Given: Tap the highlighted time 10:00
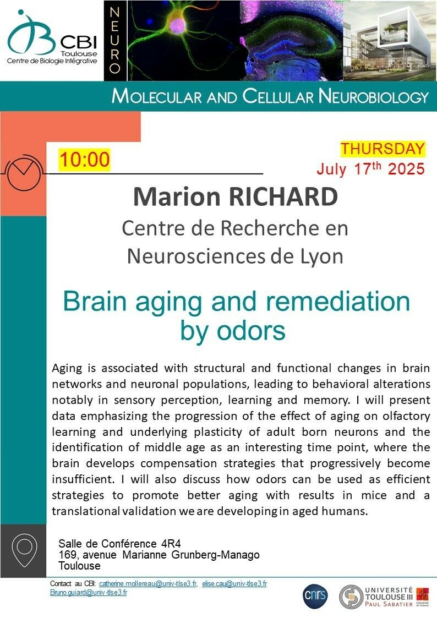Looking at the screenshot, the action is [x=84, y=160].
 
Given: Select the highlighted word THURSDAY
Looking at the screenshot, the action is [x=383, y=149].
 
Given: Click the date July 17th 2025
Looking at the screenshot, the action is [x=371, y=168].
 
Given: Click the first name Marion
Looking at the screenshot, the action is [x=177, y=196].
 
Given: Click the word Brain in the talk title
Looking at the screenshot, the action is [x=95, y=301].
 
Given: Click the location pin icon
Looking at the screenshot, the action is [x=24, y=550].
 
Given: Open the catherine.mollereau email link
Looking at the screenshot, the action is [x=148, y=584].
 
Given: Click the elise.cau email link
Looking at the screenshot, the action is [x=234, y=584].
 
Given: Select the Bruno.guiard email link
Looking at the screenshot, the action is [x=89, y=592].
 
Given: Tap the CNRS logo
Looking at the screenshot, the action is [x=315, y=595].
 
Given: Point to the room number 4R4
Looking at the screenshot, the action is [x=171, y=544].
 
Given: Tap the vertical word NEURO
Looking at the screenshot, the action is [x=114, y=41].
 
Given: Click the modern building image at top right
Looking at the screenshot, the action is [x=390, y=41].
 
